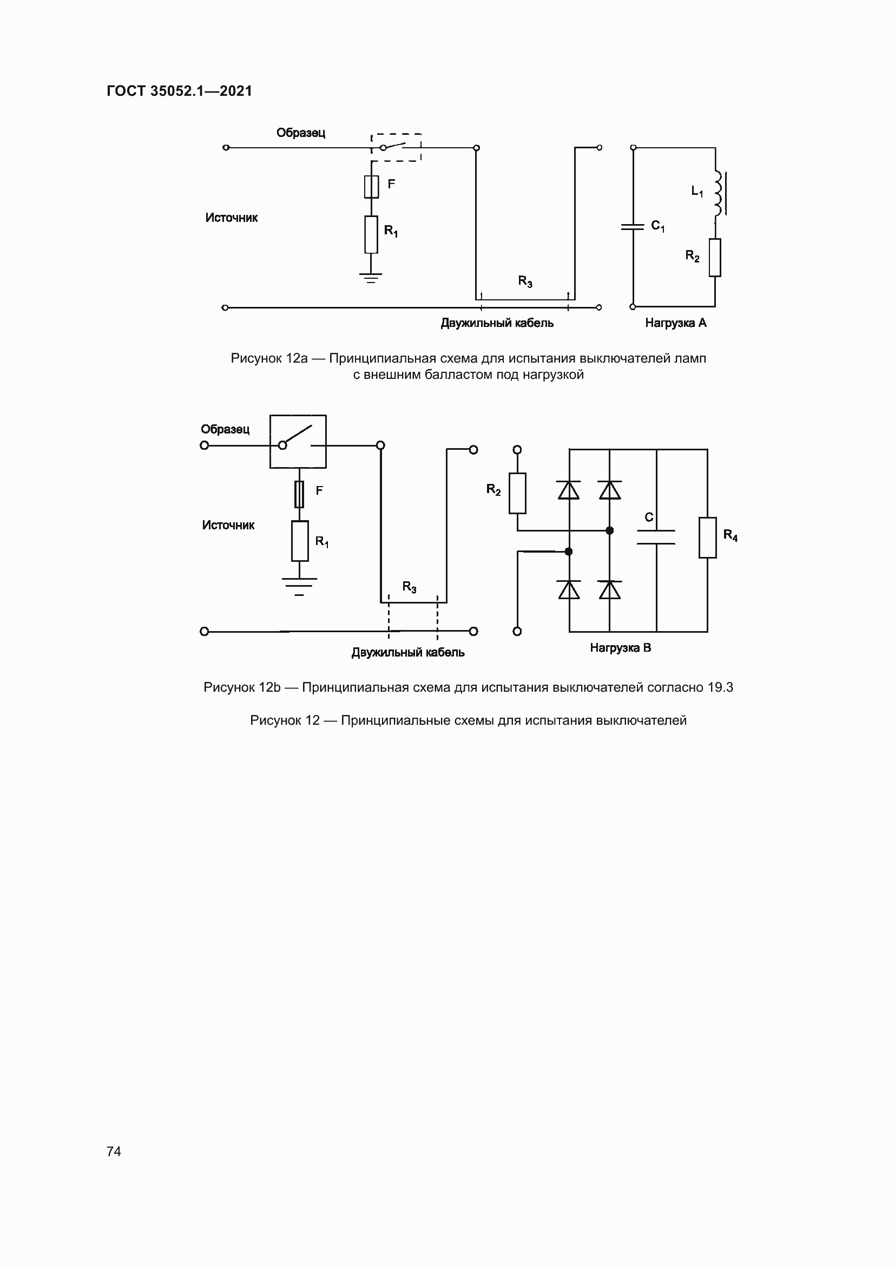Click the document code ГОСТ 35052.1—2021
179,91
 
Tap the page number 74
114,1151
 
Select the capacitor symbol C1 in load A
633,226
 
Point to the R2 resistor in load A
715,258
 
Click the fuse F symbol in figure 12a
371,186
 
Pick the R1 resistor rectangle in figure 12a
371,234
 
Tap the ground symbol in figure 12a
371,277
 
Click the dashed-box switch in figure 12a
396,147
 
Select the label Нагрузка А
676,323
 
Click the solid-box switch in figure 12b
298,441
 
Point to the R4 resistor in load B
708,537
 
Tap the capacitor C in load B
656,537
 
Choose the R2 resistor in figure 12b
517,494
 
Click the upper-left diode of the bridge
569,490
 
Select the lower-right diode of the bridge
609,590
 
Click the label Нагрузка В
621,648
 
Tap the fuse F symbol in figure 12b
299,494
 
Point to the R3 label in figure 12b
410,587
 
